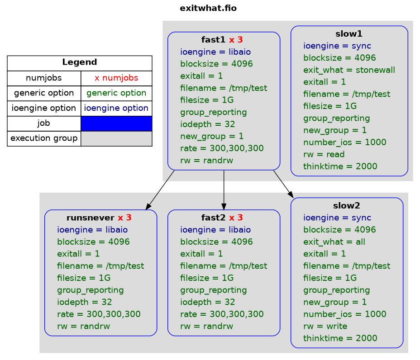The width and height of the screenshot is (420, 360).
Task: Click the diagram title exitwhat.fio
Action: coord(208,8)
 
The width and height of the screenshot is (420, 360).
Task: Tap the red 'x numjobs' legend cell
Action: coord(116,78)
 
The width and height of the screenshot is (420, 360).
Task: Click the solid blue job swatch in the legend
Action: coord(116,123)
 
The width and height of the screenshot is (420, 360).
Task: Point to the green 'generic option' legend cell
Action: coord(116,93)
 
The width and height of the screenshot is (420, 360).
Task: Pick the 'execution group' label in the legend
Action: coord(44,138)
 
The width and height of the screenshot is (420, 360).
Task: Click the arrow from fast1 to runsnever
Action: coord(160,190)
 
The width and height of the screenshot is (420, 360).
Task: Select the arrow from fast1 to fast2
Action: coord(224,190)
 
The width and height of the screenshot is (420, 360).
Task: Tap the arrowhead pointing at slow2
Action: coord(291,194)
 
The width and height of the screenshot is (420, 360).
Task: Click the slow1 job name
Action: coord(349,34)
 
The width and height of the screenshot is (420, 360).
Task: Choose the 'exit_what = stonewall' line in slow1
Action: coord(349,70)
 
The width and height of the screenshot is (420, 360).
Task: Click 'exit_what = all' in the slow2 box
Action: coord(334,242)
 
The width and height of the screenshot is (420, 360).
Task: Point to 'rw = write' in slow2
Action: coord(325,326)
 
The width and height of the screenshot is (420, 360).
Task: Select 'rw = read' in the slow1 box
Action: coord(324,154)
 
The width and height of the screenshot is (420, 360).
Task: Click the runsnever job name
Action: coord(90,218)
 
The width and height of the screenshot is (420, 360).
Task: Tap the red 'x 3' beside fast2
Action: coord(236,218)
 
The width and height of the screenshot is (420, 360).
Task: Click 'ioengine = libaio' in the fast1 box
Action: coord(215,52)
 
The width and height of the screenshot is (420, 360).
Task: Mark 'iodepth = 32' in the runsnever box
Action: coord(84,302)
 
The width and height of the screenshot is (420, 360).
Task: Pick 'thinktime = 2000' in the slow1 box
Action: coord(340,166)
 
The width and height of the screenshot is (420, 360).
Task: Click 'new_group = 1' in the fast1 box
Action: coord(212,137)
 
